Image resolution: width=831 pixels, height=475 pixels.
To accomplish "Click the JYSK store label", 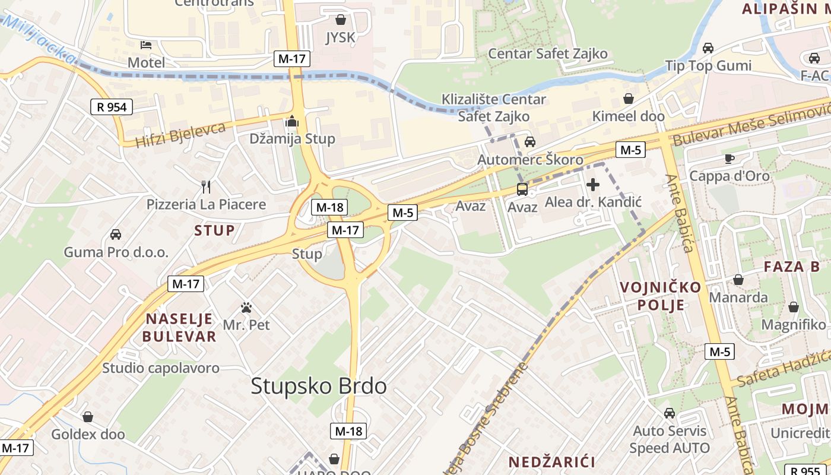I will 340,38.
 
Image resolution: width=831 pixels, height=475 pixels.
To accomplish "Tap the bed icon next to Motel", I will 146,45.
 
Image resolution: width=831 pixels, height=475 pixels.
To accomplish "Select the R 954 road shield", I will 112,107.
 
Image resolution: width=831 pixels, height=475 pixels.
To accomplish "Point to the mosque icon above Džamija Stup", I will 291,121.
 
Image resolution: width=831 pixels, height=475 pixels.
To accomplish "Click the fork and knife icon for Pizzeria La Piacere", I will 206,187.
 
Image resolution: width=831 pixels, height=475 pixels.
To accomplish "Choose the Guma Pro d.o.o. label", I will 116,252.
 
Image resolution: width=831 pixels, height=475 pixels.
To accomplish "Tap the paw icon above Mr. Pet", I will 246,308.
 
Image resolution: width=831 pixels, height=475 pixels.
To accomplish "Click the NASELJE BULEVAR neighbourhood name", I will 180,327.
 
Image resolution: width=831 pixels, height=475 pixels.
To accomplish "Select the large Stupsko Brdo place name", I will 319,386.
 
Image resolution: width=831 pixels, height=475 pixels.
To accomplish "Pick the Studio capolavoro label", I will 161,368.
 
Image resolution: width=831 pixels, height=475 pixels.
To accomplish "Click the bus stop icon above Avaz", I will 522,189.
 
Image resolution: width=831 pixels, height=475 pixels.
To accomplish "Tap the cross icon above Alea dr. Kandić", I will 592,185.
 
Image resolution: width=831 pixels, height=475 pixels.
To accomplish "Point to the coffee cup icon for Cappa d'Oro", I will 729,159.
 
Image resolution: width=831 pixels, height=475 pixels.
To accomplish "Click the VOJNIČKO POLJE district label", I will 660,296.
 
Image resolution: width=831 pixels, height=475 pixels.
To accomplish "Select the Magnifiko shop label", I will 793,325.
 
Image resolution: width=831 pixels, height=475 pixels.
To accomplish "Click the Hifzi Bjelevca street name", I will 181,135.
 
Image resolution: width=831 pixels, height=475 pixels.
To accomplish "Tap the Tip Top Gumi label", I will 708,65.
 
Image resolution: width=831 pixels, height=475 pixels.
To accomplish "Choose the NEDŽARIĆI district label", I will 552,461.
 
